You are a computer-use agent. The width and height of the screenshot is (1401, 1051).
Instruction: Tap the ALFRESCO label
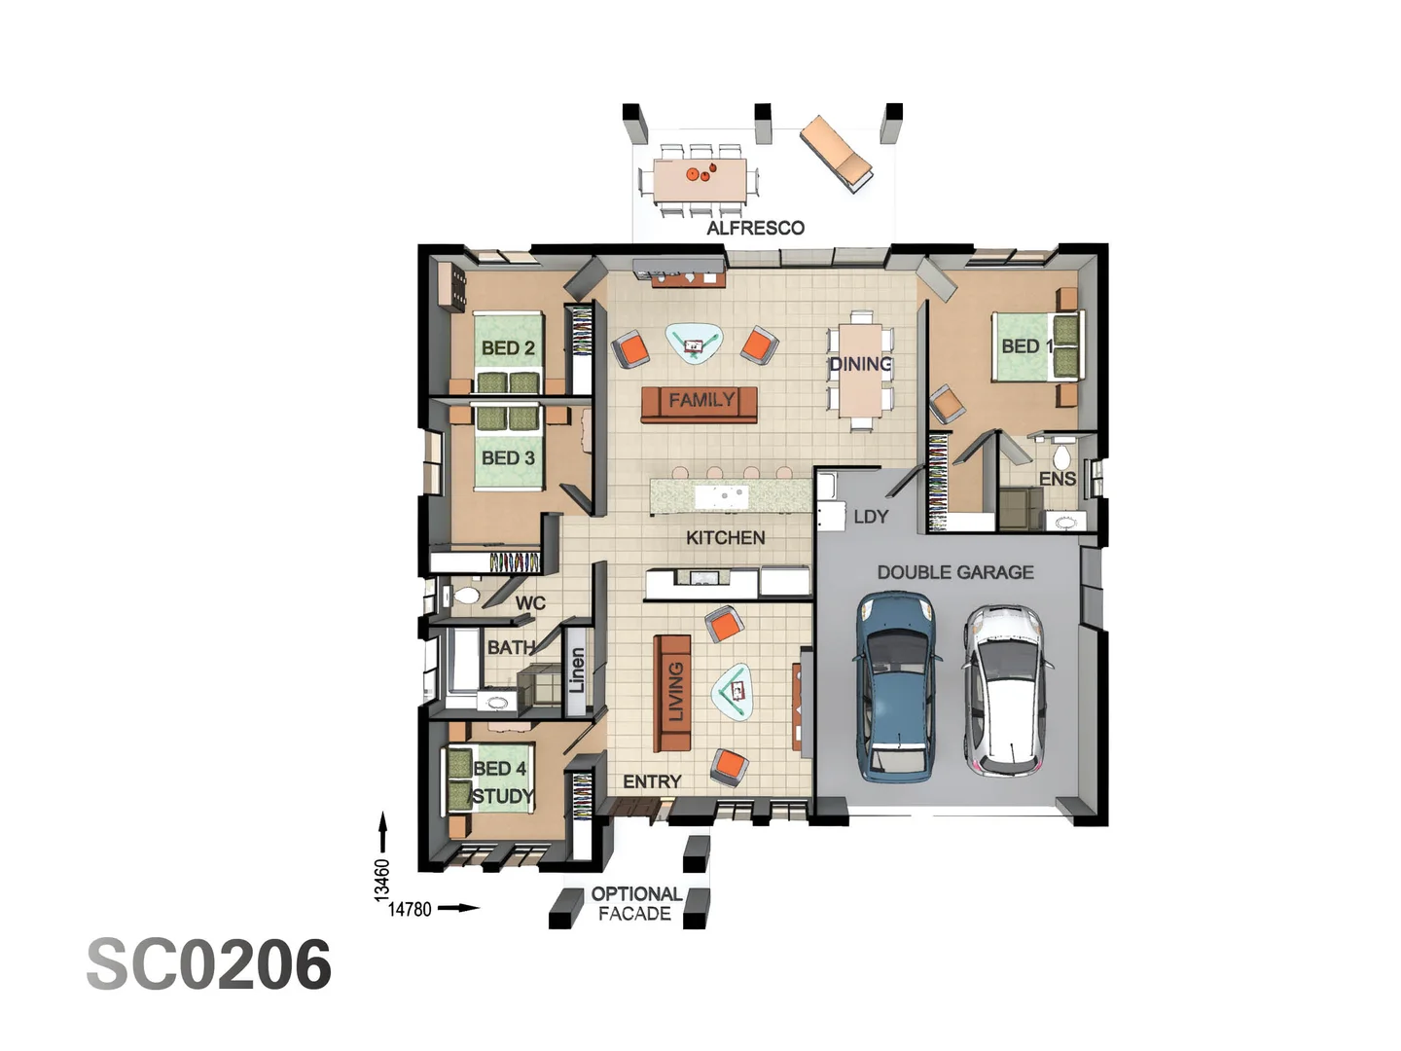point(755,228)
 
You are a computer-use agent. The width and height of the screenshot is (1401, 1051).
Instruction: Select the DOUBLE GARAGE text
point(954,572)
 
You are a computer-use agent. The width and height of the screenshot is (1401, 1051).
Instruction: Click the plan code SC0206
point(209,965)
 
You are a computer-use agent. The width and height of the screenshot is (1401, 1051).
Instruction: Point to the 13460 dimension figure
point(382,879)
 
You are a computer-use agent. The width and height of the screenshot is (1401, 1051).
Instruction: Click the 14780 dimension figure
point(410,909)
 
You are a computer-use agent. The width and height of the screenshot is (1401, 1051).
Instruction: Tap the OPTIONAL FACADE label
point(635,904)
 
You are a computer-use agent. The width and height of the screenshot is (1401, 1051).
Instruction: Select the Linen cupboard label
point(577,670)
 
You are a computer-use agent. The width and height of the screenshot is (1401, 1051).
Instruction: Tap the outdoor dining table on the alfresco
point(700,179)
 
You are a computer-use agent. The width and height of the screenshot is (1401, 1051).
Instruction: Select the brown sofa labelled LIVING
point(672,692)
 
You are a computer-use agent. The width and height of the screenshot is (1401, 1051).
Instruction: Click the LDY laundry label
point(871,517)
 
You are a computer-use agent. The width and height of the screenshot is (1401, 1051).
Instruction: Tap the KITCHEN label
point(725,537)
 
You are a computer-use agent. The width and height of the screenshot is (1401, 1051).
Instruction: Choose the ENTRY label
point(652,781)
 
